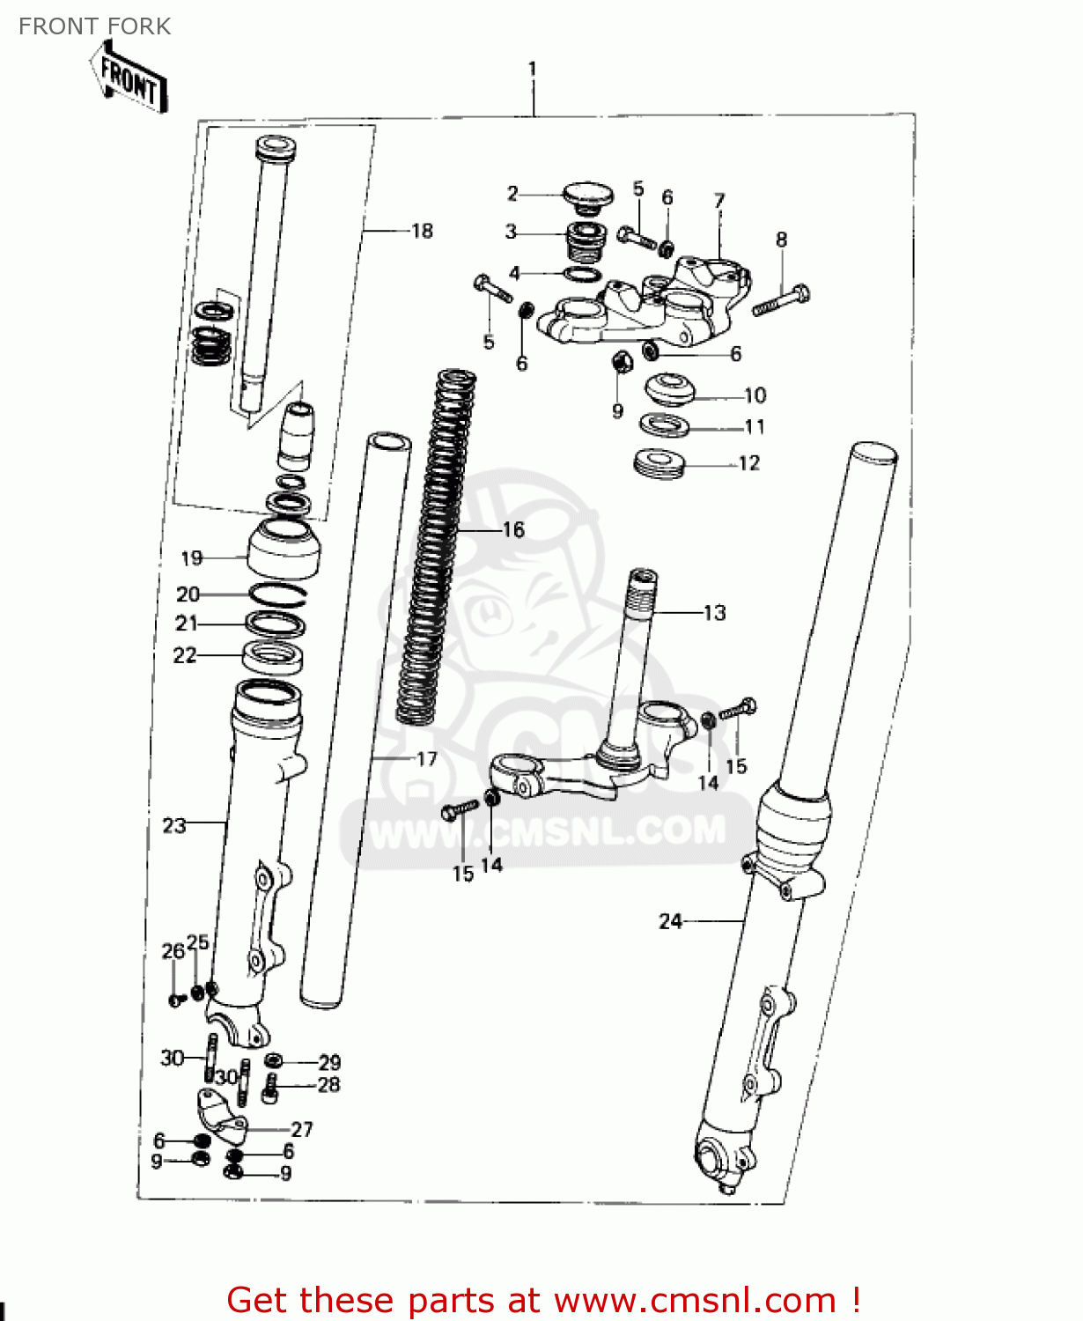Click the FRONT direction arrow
click(x=129, y=78)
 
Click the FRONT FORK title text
click(x=94, y=26)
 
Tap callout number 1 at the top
click(x=532, y=69)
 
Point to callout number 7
click(x=719, y=201)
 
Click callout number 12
click(x=748, y=463)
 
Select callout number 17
click(x=427, y=759)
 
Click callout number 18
click(x=423, y=231)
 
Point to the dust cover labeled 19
click(x=284, y=548)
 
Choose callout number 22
click(x=185, y=655)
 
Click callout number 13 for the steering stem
click(x=714, y=613)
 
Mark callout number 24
click(x=670, y=921)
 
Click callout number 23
click(x=174, y=825)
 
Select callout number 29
click(x=329, y=1062)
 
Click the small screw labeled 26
click(x=175, y=1000)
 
